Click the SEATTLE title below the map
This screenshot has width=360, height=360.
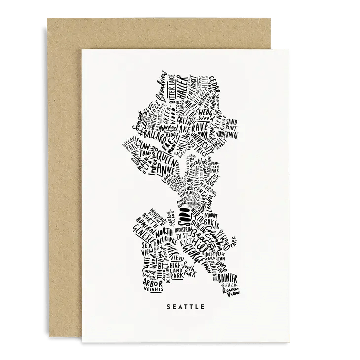tap(185, 306)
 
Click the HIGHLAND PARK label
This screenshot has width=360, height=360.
tap(189, 269)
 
